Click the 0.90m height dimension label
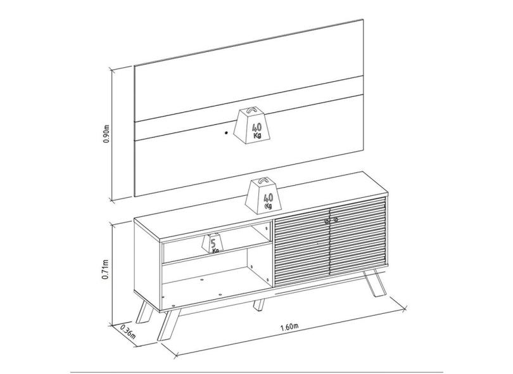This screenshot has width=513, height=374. point(106,134)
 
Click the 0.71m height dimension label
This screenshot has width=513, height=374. point(105,269)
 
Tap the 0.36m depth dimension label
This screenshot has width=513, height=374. point(127,332)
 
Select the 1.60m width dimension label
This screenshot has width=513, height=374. point(289,327)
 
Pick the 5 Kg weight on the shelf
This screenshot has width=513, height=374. point(213,243)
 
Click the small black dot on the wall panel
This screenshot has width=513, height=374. point(226,132)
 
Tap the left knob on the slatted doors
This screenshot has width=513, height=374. point(327,222)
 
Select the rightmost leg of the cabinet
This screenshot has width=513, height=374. point(374,283)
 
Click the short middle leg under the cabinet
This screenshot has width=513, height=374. point(258,304)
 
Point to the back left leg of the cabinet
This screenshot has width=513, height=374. point(144,312)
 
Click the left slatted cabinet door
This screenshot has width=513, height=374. point(301,247)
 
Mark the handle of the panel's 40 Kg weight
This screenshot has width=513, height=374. point(251,110)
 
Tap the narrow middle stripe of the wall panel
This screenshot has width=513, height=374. point(249,109)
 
